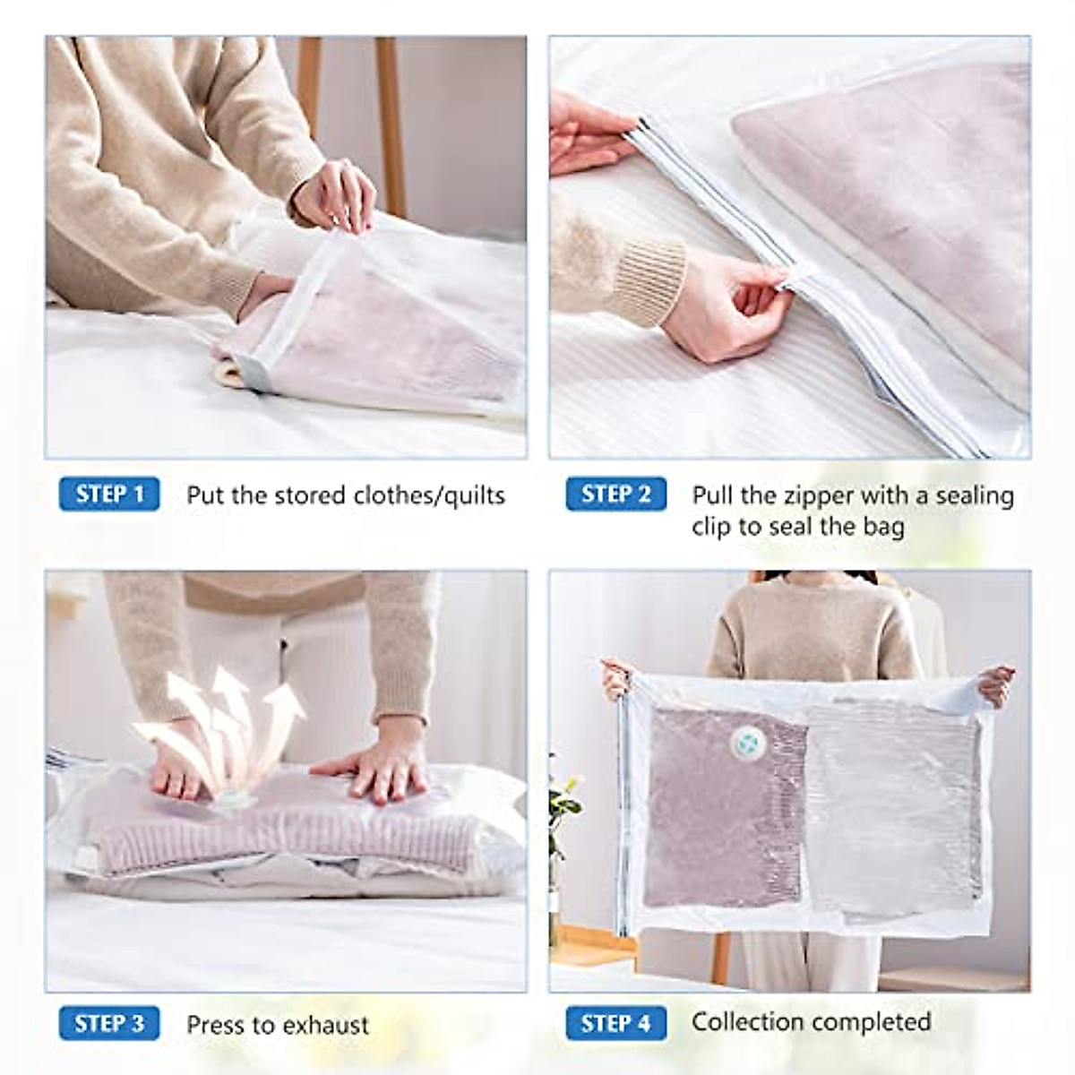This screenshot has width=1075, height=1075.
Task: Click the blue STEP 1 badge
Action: (109, 494)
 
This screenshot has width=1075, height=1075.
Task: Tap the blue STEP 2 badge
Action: (615, 494)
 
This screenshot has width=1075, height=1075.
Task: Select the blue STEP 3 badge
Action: (109, 1024)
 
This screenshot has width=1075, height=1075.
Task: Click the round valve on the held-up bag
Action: (744, 738)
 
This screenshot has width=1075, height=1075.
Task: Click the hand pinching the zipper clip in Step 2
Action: (730, 309)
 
